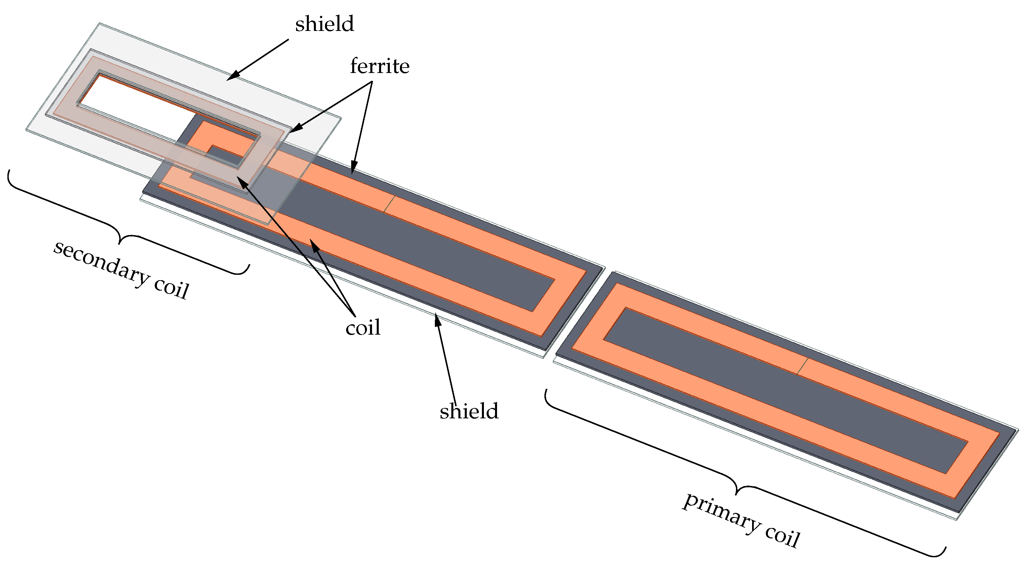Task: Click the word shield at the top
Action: pos(324,24)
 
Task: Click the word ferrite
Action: pos(379,66)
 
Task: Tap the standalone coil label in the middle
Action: pos(363,328)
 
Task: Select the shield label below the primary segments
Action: pos(469,411)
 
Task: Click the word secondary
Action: pos(101,264)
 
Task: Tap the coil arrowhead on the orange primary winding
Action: pos(315,246)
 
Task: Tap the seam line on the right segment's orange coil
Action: pos(803,366)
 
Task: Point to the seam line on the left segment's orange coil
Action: pos(389,204)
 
